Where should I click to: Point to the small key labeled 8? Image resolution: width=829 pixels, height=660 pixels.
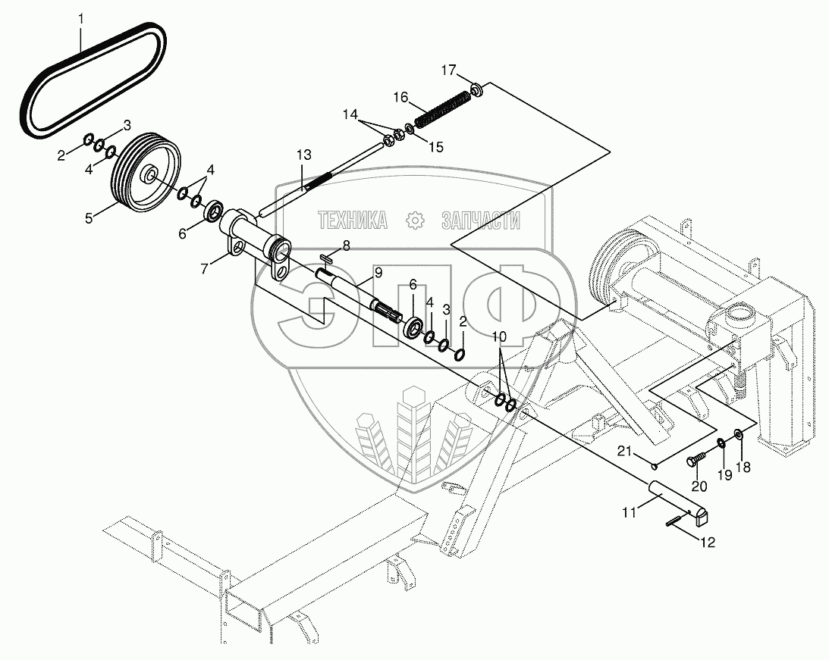click(328, 258)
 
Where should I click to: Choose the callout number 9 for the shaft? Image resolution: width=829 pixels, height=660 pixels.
click(378, 272)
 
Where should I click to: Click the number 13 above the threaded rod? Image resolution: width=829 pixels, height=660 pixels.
click(303, 155)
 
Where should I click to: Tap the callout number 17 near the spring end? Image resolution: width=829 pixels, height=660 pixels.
click(449, 70)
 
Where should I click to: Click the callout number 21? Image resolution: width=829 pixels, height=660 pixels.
click(623, 452)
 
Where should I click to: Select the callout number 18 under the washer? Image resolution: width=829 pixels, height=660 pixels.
click(742, 468)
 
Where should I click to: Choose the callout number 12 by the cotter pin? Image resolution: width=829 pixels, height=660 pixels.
click(708, 543)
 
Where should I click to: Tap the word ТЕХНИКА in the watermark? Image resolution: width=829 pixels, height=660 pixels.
click(353, 221)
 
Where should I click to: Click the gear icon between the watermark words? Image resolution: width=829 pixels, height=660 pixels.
click(415, 221)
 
